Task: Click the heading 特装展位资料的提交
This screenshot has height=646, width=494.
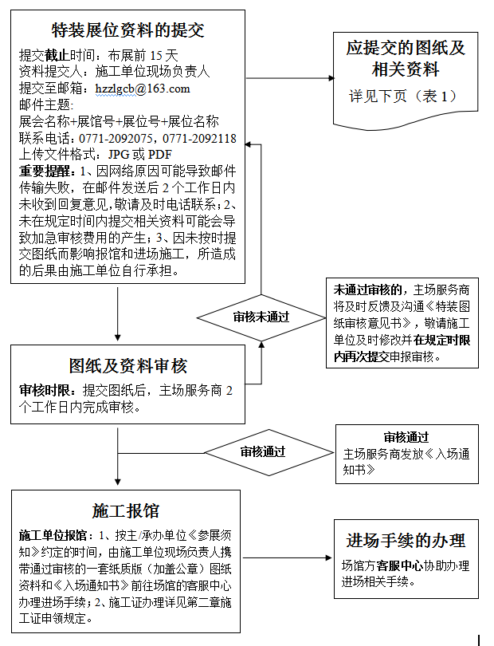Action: [127, 30]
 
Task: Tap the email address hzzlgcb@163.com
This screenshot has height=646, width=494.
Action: [143, 89]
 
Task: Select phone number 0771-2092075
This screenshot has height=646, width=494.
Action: [116, 138]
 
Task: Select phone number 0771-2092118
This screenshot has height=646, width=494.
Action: [200, 138]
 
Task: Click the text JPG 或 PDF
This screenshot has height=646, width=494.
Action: [140, 155]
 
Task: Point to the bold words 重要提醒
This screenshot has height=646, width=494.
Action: [45, 171]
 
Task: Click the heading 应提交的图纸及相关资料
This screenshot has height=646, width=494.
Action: [406, 58]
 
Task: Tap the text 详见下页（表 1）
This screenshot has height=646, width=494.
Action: [403, 97]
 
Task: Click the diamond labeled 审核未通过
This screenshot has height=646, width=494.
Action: [261, 317]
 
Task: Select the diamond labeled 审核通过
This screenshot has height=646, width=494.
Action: [269, 452]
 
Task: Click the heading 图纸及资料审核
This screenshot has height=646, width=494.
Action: [127, 366]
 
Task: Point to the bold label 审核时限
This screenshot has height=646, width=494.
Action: [45, 390]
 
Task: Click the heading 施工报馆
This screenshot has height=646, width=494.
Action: [126, 511]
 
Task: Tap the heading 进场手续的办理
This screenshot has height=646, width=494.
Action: [406, 541]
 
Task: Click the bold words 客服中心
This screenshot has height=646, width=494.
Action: [399, 565]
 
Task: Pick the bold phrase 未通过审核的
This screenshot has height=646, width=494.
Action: [367, 290]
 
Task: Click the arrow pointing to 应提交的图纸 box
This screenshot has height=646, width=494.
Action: [290, 78]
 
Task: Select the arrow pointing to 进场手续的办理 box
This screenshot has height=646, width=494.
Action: [288, 557]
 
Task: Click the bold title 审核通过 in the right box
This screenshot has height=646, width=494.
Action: [406, 437]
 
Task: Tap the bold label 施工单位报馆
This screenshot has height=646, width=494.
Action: [53, 536]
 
